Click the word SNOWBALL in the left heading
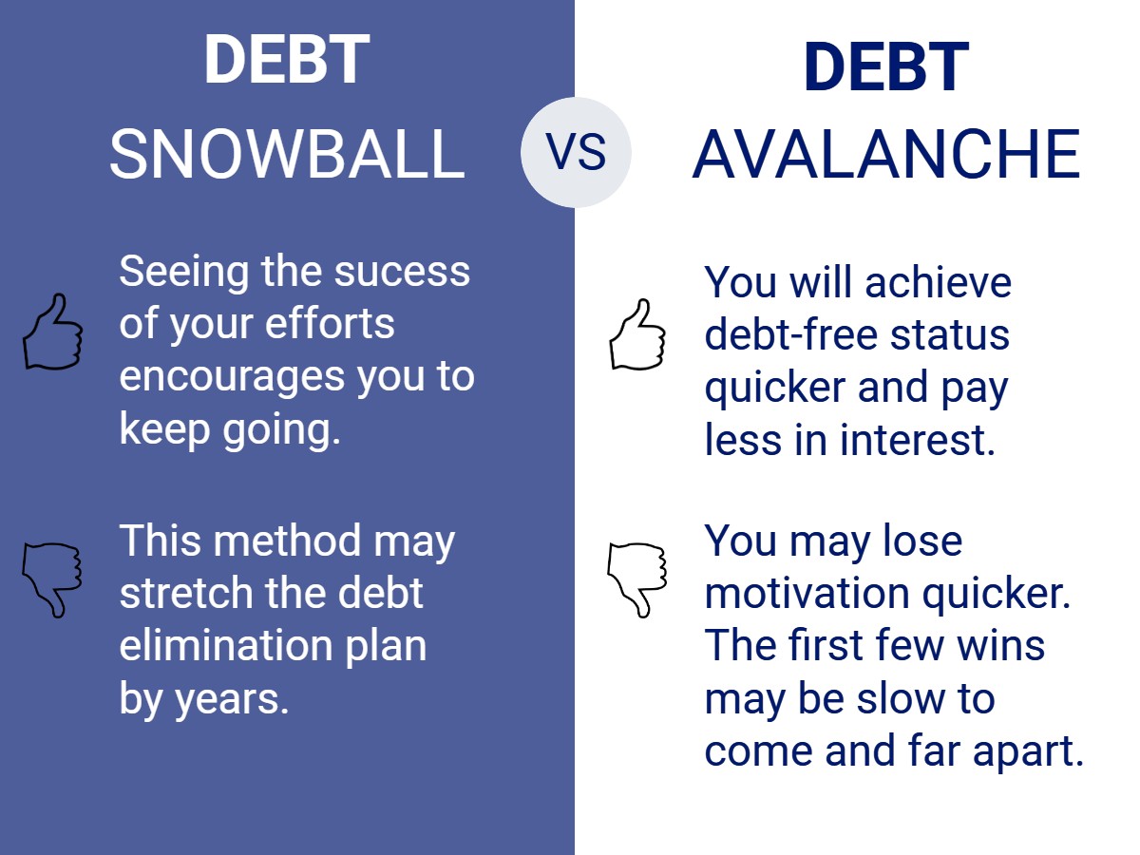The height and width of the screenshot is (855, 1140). [287, 154]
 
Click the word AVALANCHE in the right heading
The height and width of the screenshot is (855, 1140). [886, 154]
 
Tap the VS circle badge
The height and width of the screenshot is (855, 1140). [576, 152]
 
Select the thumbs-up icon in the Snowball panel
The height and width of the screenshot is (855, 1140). [53, 332]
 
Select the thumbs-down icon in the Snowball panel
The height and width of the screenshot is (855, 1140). [52, 579]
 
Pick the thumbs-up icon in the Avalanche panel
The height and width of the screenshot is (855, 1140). [637, 334]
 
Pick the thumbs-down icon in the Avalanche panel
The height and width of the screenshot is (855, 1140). [637, 579]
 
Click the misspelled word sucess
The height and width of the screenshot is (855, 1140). [402, 272]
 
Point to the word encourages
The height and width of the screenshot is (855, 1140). [232, 377]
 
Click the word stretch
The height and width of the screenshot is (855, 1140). [186, 592]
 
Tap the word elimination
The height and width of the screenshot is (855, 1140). [226, 645]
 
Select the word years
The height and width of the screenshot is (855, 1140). [231, 700]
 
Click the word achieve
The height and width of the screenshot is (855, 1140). [938, 282]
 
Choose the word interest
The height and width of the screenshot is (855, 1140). [917, 440]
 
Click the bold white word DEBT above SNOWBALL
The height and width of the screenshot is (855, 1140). [287, 59]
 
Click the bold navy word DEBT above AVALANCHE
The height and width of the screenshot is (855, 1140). [886, 66]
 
